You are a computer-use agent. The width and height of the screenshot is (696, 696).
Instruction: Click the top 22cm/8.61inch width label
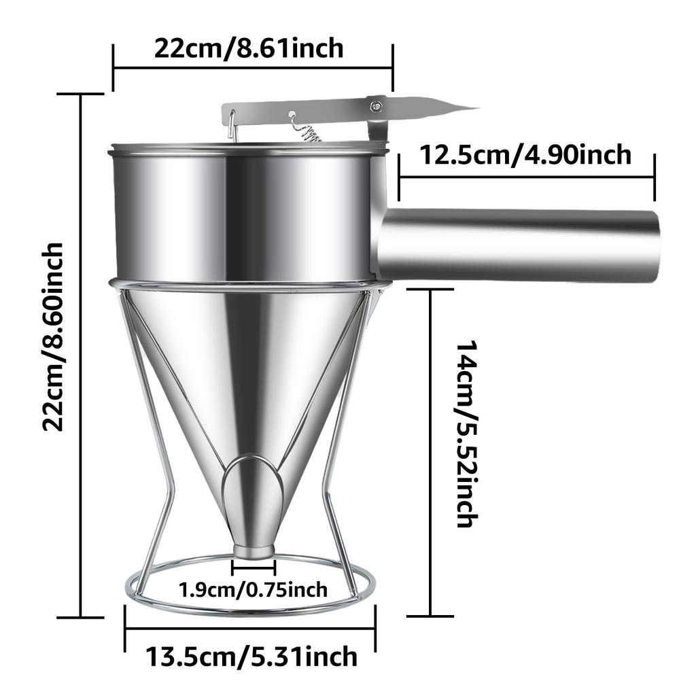point(249,49)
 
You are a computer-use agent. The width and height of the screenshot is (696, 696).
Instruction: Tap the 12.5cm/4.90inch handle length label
point(525,155)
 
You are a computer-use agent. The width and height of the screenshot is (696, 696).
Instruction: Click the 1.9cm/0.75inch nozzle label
point(253,589)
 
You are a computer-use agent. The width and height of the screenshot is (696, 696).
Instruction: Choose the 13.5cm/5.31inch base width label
point(251,657)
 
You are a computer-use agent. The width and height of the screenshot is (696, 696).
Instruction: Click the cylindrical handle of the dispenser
point(517,245)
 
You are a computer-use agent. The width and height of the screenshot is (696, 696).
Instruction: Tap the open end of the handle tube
point(653,245)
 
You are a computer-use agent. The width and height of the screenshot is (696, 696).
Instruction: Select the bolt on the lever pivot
point(375,105)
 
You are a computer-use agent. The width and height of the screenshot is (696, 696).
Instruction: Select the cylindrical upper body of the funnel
point(245,211)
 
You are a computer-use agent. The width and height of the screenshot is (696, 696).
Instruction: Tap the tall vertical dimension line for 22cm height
point(82,353)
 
